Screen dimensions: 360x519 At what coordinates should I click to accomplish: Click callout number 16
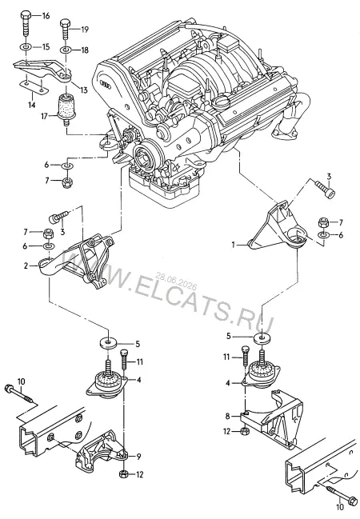coord(46,15)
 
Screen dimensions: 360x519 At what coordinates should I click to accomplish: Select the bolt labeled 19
coord(65,30)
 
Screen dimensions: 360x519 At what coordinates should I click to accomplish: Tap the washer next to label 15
coord(26,46)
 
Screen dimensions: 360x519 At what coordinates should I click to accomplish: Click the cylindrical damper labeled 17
coord(66,110)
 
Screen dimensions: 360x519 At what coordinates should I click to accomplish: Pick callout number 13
coord(83,90)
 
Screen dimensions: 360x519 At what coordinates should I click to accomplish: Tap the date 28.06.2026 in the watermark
coord(177,280)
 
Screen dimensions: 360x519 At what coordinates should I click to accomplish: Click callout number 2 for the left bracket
coord(26,265)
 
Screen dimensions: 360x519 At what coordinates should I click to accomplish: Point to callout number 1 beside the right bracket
coord(233,245)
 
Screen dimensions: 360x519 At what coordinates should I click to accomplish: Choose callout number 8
coord(227,416)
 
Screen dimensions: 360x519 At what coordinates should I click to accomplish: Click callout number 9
coord(138,457)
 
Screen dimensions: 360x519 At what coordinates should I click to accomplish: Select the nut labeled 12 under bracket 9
coord(122,474)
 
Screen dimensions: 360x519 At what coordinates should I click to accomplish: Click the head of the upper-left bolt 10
coord(8,387)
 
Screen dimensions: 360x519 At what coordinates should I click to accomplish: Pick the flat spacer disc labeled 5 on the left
coord(108,342)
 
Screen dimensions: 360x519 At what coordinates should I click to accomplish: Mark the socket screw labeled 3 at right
coord(326,188)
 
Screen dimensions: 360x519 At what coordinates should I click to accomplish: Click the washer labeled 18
coord(66,50)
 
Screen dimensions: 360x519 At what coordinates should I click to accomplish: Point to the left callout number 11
coord(139,361)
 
